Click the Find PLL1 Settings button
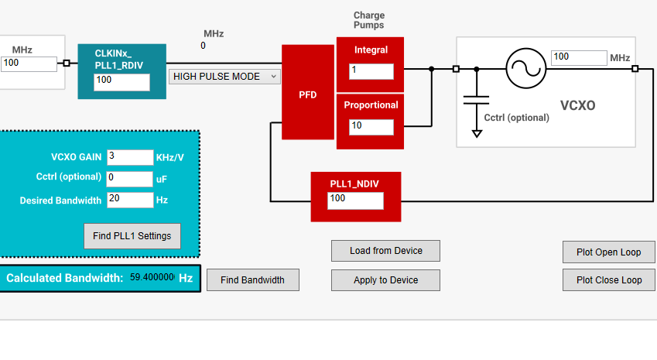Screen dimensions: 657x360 coord(132,236)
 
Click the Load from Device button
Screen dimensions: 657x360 coord(385,251)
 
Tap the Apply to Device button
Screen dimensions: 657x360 coord(385,280)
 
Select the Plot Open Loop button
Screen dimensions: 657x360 coord(608,252)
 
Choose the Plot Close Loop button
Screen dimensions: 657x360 coord(608,280)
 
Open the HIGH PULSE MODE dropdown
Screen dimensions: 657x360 coord(224,77)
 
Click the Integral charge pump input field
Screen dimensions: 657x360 coord(371,71)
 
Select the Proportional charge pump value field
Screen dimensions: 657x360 coord(371,127)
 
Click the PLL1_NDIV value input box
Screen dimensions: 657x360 coord(355,201)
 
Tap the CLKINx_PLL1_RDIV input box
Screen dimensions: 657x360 coord(121,82)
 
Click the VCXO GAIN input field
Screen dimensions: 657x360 coord(130,157)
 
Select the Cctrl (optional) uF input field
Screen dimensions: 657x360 coord(130,179)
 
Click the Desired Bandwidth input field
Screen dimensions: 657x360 coord(130,200)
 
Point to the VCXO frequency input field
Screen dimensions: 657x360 coord(579,58)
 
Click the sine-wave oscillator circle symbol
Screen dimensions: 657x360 coord(526,68)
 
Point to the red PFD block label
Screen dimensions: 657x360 coord(307,94)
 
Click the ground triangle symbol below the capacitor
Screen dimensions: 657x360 coord(477,134)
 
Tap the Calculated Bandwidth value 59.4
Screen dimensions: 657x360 coord(152,277)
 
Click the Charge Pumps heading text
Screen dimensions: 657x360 coord(368,20)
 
